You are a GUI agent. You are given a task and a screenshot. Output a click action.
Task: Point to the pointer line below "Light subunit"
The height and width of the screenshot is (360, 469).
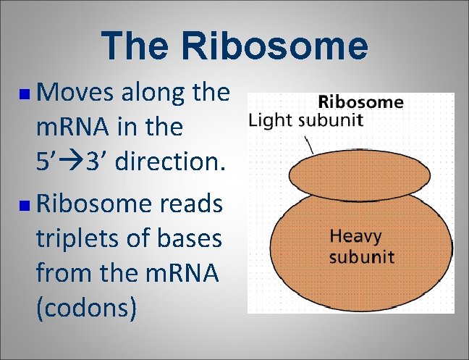pyautogui.click(x=311, y=145)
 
